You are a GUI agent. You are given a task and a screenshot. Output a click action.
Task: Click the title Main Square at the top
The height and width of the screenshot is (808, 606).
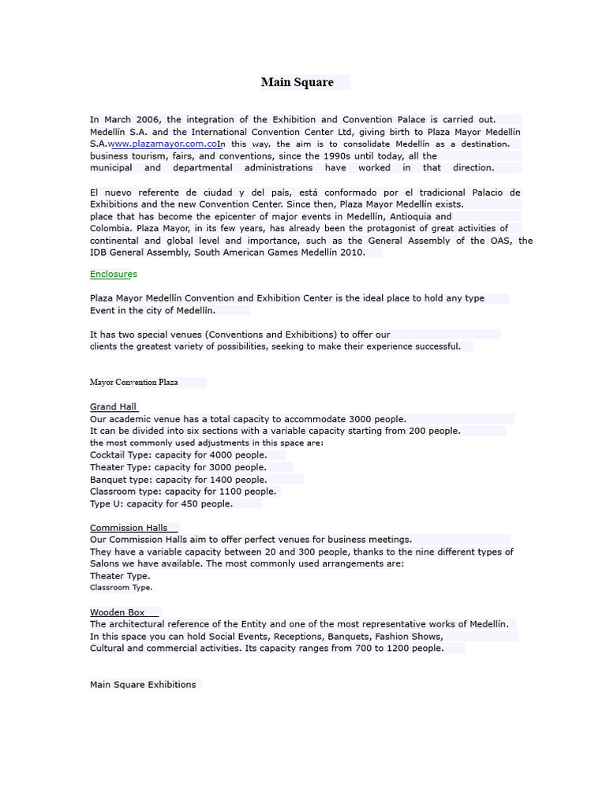click(x=297, y=82)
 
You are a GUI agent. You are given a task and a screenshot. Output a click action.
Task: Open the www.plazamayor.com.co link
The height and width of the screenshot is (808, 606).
click(x=163, y=144)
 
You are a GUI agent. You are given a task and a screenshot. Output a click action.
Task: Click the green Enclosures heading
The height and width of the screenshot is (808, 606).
click(x=114, y=275)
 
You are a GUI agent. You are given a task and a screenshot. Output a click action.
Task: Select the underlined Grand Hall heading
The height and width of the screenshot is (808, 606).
click(x=114, y=407)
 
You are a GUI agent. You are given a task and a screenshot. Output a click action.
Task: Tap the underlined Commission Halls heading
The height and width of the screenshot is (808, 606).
click(x=129, y=528)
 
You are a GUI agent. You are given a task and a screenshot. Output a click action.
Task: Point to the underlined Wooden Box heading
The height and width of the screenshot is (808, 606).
click(x=118, y=612)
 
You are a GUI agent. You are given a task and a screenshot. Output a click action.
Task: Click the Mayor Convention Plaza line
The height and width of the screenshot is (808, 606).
click(x=134, y=383)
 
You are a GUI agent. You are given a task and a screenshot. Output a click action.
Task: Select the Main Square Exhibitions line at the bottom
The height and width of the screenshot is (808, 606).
click(x=143, y=685)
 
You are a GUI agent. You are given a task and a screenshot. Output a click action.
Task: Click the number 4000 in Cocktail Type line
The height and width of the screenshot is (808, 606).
click(x=219, y=455)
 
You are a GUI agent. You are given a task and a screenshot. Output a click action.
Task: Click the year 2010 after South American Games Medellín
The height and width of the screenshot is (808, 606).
click(x=351, y=252)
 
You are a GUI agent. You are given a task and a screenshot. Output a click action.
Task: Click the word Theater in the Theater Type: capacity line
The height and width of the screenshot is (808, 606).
click(x=108, y=467)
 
